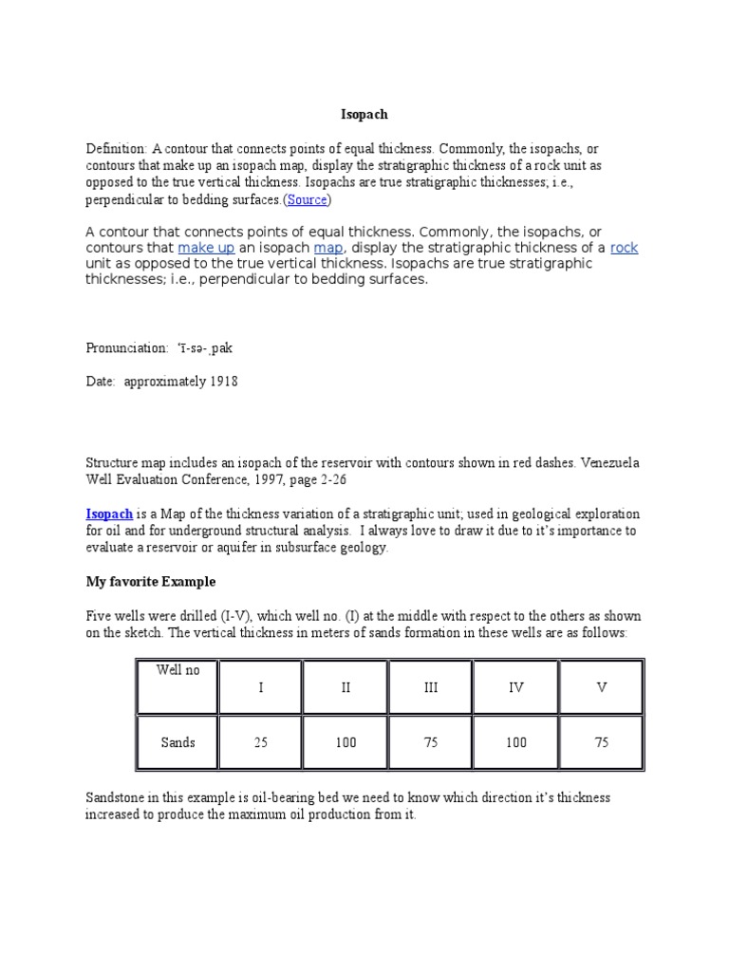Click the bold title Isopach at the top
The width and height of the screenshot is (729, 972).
click(364, 115)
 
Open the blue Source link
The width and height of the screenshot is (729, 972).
click(307, 200)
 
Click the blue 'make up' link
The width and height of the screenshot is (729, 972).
click(206, 248)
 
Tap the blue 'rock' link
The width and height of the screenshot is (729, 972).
click(624, 248)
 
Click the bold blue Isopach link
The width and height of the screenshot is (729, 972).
click(109, 514)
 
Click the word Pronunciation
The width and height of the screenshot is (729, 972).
click(126, 348)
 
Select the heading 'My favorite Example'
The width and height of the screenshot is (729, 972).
click(151, 581)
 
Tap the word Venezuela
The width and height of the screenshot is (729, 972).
click(608, 463)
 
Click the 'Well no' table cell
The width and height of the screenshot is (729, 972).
click(178, 670)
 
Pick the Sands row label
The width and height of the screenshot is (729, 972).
click(178, 742)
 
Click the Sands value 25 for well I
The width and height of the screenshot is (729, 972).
click(260, 742)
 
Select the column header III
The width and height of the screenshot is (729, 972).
click(430, 687)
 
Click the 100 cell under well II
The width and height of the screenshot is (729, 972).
click(346, 742)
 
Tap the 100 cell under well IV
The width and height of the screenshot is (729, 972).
click(515, 742)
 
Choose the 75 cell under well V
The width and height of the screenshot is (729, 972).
click(601, 742)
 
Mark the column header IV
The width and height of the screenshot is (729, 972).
click(515, 687)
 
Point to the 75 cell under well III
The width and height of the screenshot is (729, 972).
click(430, 742)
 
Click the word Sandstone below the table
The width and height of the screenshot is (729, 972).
click(116, 798)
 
